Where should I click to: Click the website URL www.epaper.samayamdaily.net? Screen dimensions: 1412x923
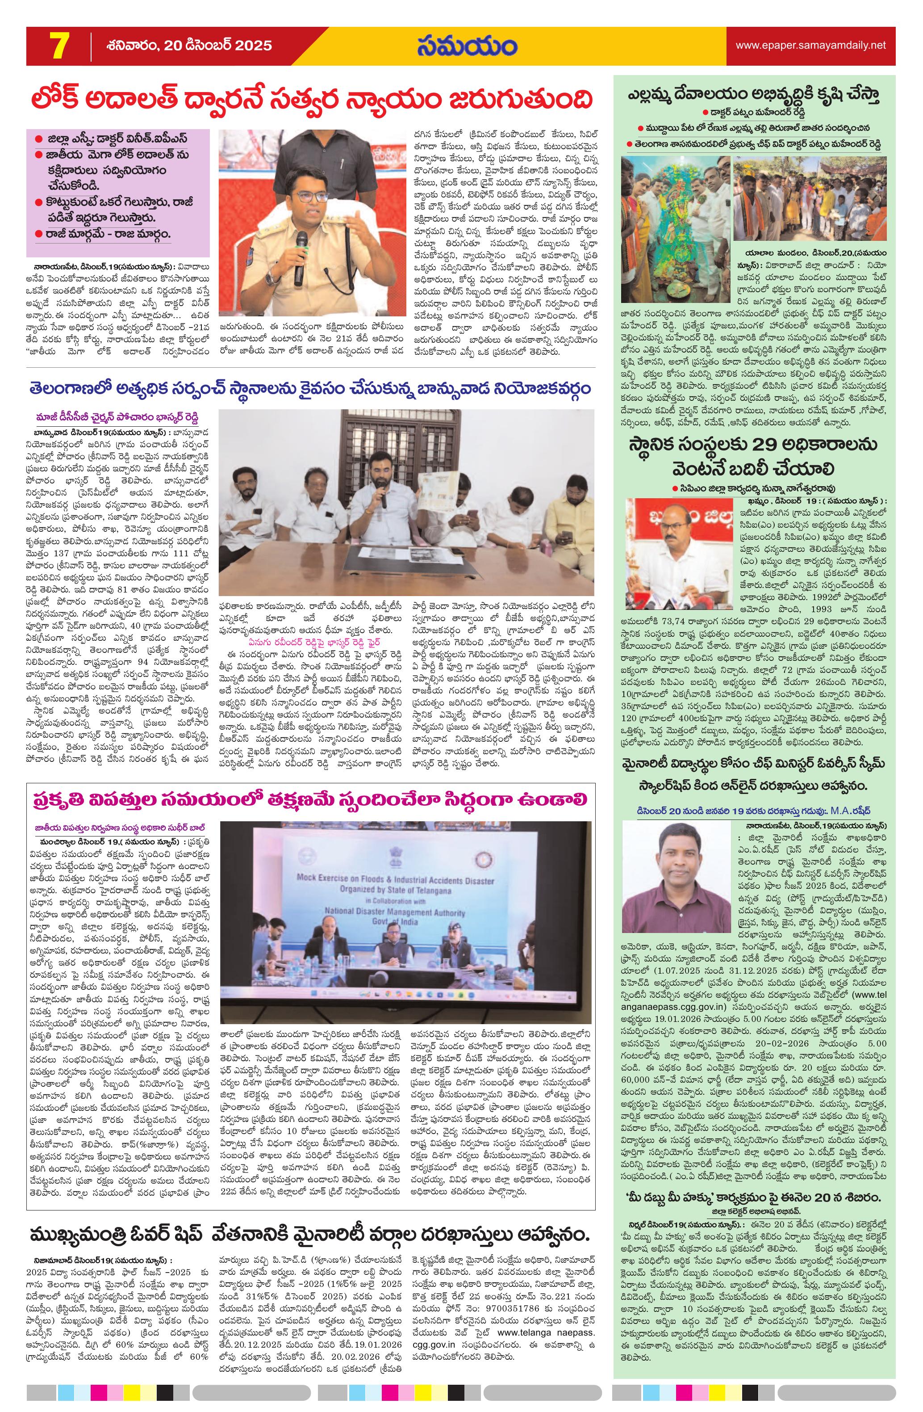click(x=810, y=45)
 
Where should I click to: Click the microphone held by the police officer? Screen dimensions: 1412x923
click(x=301, y=255)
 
